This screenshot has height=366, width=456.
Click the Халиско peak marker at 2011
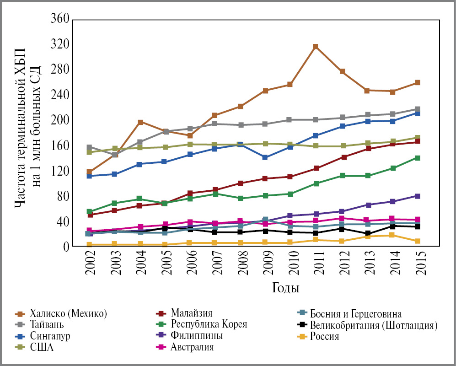pos(316,47)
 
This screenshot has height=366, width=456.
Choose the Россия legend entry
pos(324,336)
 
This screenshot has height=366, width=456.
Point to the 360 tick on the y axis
pos(59,19)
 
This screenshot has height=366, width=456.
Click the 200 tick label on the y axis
pos(59,121)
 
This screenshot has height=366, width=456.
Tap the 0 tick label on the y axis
pos(65,247)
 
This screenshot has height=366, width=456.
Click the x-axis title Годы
pos(286,288)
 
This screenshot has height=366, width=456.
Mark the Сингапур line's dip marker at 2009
pos(265,157)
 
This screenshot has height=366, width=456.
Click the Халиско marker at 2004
pos(140,122)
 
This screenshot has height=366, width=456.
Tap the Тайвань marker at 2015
pos(418,109)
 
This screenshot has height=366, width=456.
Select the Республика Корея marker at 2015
pos(418,158)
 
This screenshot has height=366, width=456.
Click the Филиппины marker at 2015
pos(418,196)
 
